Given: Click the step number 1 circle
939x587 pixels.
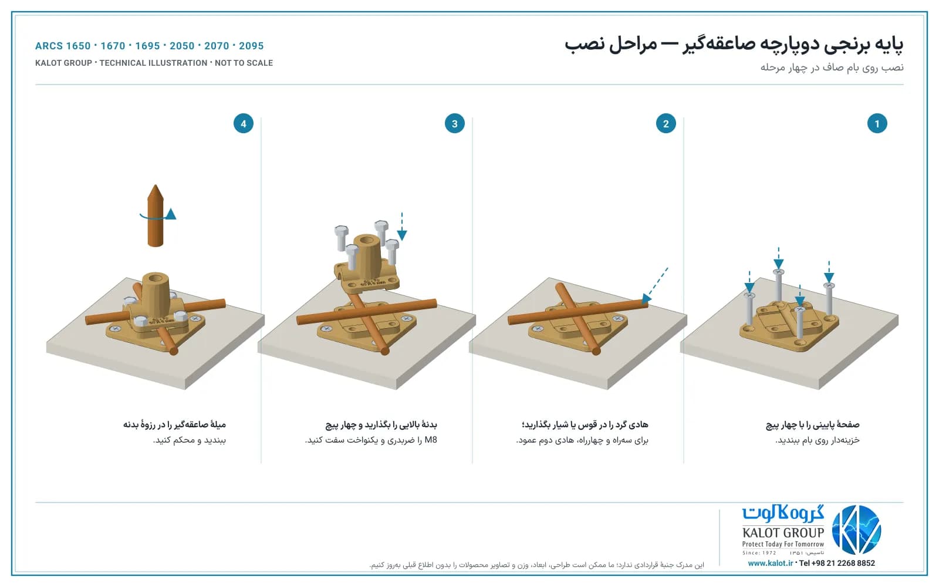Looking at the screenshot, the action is pos(877,123).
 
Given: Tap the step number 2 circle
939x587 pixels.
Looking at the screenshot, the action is pos(666,123).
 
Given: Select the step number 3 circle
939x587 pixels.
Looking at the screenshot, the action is pos(454,123).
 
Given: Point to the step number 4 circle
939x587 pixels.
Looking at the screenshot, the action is pos(243,123).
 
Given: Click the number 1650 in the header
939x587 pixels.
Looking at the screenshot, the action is pos(78,46).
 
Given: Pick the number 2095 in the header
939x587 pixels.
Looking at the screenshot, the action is pos(251,46).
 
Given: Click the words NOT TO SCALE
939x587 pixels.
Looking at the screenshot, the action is pos(244,63).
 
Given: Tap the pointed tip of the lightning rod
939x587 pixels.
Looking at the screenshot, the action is pos(155,185).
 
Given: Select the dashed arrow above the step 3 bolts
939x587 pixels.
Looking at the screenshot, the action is pos(401,227).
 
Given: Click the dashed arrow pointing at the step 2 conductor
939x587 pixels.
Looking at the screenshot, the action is pos(655,285).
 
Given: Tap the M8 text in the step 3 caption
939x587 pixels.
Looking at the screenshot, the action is pos(431,440).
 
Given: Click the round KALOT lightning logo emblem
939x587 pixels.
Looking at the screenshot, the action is pos(856,529).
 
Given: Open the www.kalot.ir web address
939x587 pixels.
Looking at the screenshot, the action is pos(770,563).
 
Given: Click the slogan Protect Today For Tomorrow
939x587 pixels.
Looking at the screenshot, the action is pos(783,544).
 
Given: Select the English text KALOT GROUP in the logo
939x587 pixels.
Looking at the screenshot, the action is pos(783,532).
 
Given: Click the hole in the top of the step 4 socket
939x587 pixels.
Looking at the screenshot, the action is pos(156,278).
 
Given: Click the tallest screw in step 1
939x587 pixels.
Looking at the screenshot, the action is pos(778,286).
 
